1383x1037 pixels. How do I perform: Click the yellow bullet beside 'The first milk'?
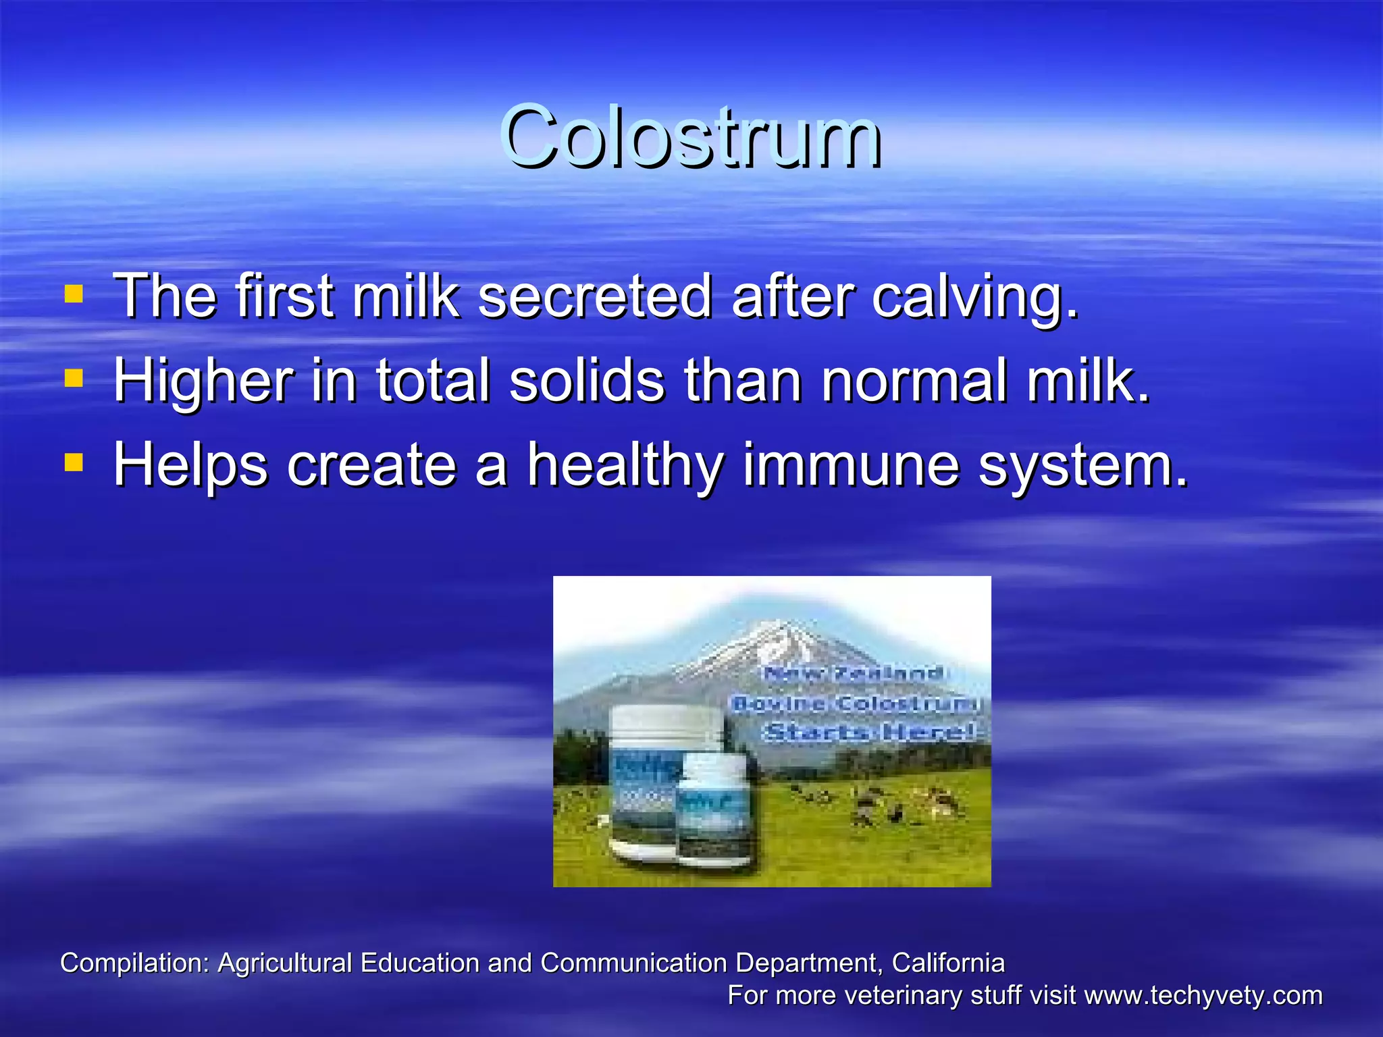[x=74, y=294]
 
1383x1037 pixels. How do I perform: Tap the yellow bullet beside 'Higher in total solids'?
[x=74, y=379]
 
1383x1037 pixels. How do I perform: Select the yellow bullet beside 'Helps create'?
[x=74, y=463]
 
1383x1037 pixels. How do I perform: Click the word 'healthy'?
[x=625, y=466]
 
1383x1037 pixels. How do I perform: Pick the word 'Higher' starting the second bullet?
[x=203, y=381]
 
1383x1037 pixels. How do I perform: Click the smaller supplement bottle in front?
[x=716, y=810]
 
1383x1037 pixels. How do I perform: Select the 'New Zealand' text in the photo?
[x=854, y=673]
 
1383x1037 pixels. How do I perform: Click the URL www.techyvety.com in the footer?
[x=1203, y=996]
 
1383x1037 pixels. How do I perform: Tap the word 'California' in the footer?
[x=948, y=963]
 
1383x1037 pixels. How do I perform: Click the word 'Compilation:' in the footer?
[x=135, y=963]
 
